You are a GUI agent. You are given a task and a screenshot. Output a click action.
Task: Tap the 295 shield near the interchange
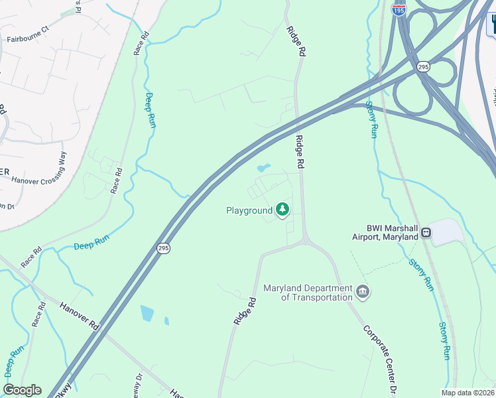coord(423,67)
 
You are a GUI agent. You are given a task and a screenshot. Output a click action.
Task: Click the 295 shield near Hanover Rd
coord(163,248)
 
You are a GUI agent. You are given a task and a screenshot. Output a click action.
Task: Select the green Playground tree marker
coord(283,210)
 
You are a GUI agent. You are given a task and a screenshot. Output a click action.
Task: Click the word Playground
coord(249,211)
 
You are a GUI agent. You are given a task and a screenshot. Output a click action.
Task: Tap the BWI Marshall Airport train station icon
coord(424,233)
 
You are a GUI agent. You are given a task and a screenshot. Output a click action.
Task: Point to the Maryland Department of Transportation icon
coord(363,291)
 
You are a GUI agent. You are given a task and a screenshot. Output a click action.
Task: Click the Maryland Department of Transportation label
coord(308,293)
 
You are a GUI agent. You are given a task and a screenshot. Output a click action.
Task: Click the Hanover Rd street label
coord(78,317)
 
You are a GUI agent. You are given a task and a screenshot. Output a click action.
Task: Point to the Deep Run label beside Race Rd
coord(151,110)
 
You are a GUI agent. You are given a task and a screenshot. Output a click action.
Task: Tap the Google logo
coord(22,390)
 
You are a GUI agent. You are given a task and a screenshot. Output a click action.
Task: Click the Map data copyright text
coord(467,393)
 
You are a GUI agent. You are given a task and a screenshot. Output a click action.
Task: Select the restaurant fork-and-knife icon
coord(492,25)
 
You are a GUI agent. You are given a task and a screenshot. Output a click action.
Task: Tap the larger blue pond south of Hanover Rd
coord(147,313)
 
